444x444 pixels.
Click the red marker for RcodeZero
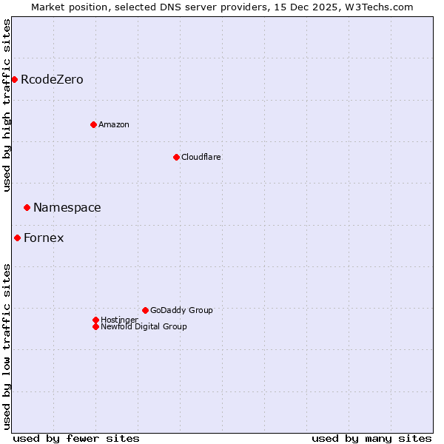pos(14,79)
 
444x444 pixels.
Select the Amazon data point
pos(93,124)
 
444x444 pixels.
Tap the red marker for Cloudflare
pos(176,157)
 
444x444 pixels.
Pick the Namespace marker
pos(27,207)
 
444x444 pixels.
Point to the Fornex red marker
pos(17,238)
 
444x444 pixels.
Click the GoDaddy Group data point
pos(145,310)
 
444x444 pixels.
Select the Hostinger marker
pos(95,320)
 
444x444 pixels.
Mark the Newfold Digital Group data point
pos(95,326)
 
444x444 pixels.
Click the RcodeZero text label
pos(52,79)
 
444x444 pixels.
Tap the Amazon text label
pos(114,124)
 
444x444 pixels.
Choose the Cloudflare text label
pos(201,157)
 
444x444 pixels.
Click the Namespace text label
pos(67,208)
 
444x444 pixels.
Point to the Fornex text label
pos(44,238)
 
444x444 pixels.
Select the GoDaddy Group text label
pos(181,310)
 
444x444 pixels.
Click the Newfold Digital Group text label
pos(144,326)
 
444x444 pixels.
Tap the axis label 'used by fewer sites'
pos(76,438)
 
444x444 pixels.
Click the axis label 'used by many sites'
pos(371,438)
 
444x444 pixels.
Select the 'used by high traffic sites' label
pos(7,105)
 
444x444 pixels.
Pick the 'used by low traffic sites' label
pos(7,346)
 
